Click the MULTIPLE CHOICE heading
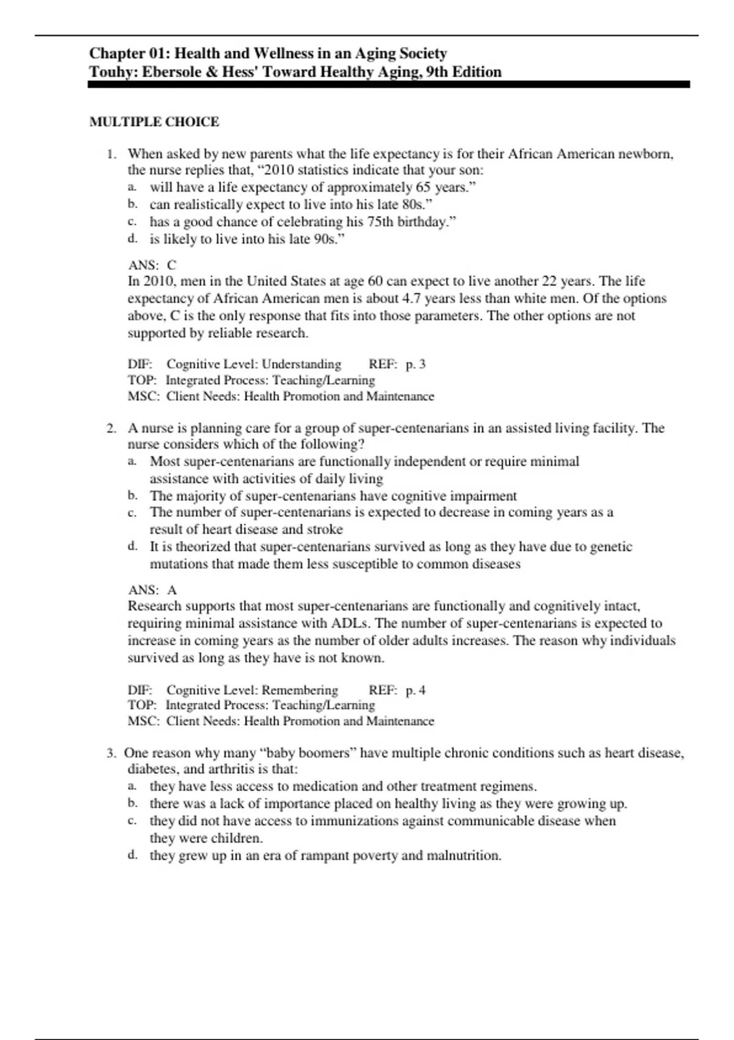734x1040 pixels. tap(154, 122)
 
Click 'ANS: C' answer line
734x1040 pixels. tap(152, 265)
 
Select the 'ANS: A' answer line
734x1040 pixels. tap(152, 590)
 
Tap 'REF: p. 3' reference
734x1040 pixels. tap(397, 364)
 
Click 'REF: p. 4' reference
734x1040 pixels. tap(397, 690)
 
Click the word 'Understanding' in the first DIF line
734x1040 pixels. tap(302, 364)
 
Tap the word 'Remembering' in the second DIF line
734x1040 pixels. tap(300, 690)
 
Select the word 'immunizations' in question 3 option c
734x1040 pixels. tap(352, 821)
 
